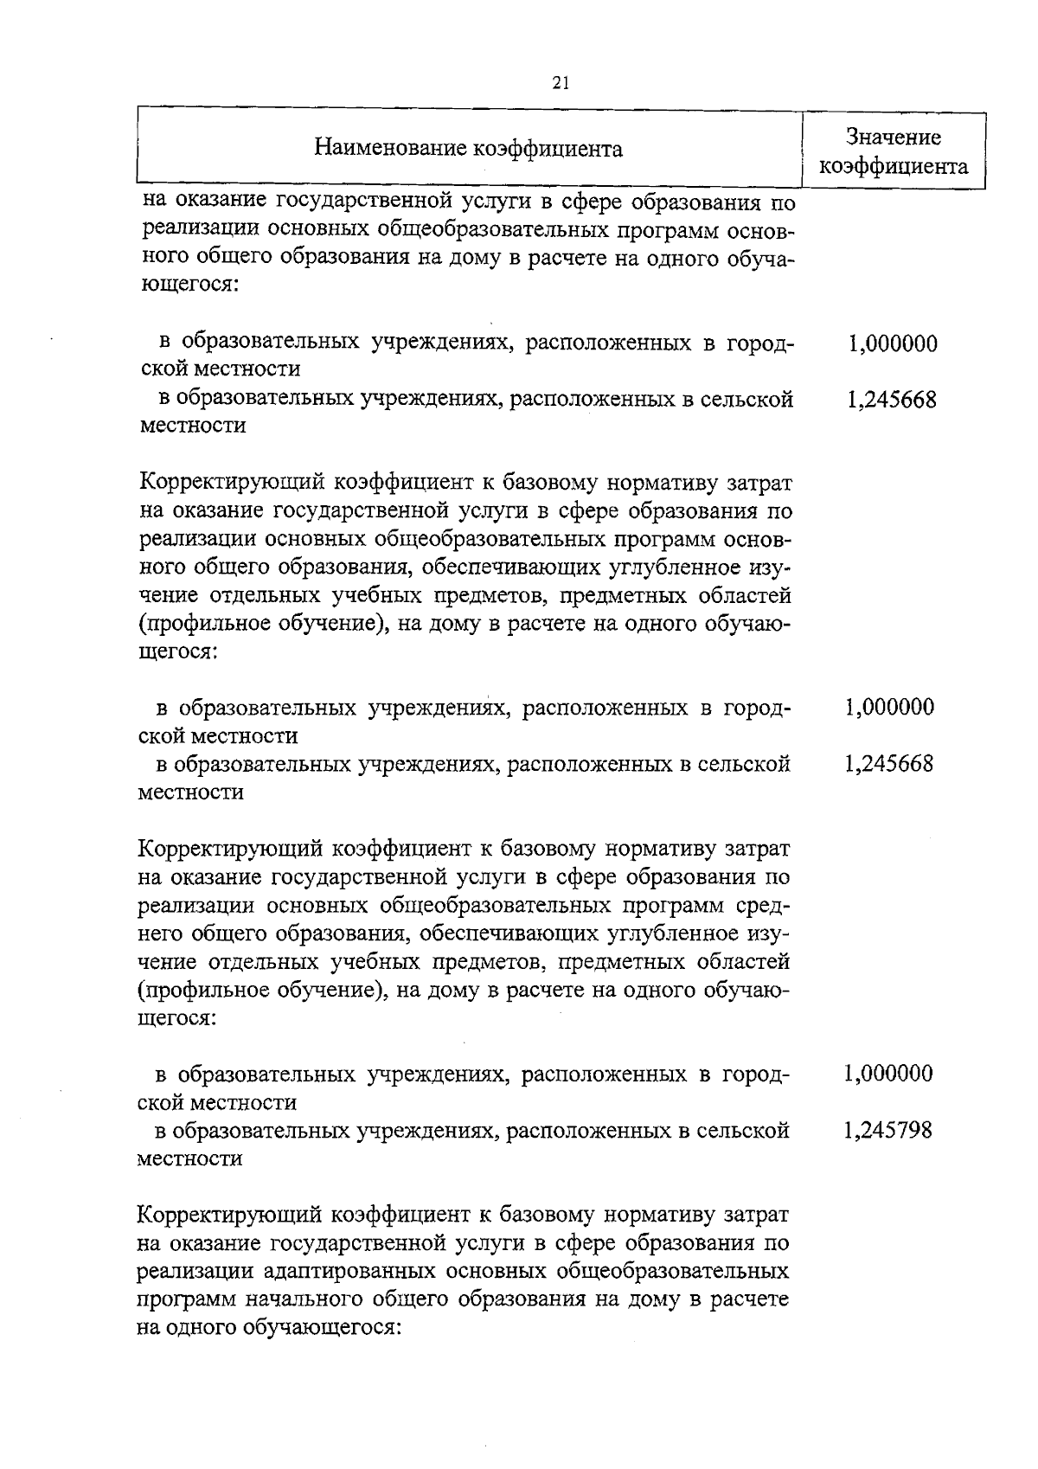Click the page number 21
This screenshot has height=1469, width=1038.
point(560,83)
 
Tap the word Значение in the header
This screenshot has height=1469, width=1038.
point(894,137)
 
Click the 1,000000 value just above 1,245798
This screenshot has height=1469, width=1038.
point(888,1074)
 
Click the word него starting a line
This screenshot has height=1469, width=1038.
point(159,933)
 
